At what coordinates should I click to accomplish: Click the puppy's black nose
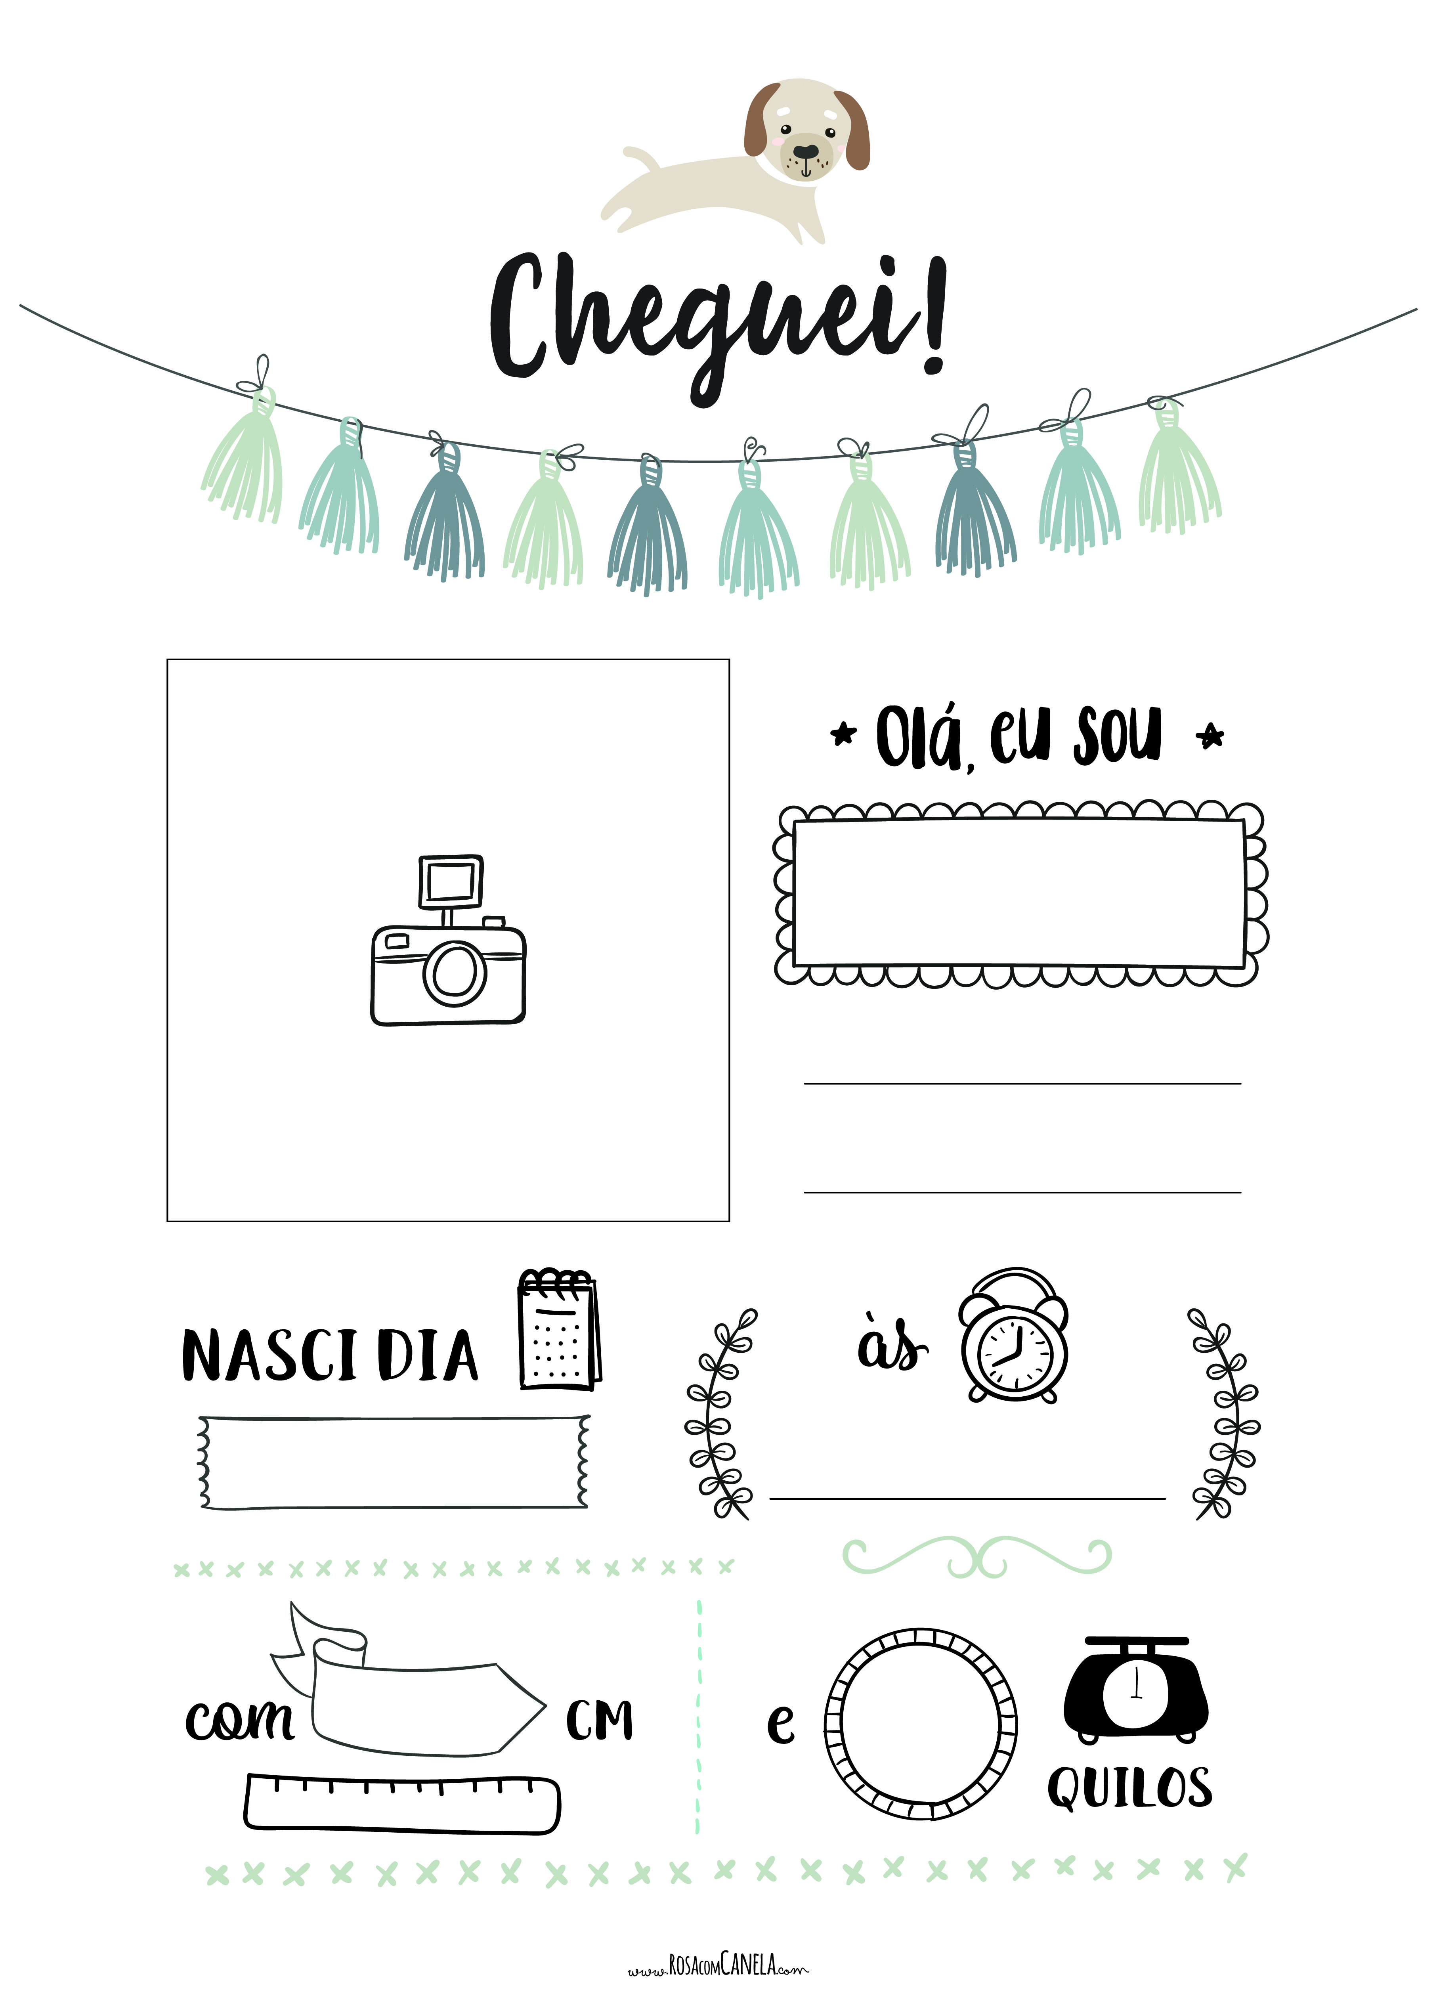[x=805, y=152]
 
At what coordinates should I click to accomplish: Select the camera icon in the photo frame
[x=448, y=940]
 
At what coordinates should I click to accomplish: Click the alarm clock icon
[x=1014, y=1336]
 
